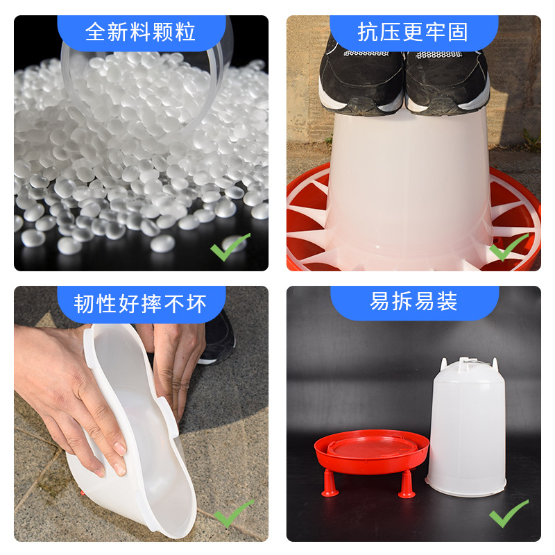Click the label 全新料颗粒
pyautogui.click(x=141, y=32)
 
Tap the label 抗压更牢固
pyautogui.click(x=413, y=32)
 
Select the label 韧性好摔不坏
pyautogui.click(x=141, y=303)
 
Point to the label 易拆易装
pyautogui.click(x=413, y=303)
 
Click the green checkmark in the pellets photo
pyautogui.click(x=230, y=247)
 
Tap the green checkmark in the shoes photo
pyautogui.click(x=508, y=247)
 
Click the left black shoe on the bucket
pyautogui.click(x=361, y=76)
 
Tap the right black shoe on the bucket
pyautogui.click(x=447, y=76)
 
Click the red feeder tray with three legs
pyautogui.click(x=372, y=451)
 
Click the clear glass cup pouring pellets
pyautogui.click(x=146, y=76)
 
